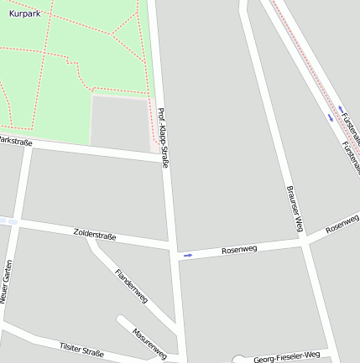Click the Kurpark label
click(24, 14)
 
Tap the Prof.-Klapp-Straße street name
click(163, 137)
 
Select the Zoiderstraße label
click(95, 235)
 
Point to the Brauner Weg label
click(293, 209)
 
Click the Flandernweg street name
click(131, 285)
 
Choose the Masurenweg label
click(149, 341)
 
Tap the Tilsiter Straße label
click(82, 348)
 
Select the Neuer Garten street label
click(7, 281)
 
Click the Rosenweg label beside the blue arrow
click(239, 249)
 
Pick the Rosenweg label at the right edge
click(342, 222)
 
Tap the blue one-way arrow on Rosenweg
click(188, 255)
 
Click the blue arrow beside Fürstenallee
click(342, 107)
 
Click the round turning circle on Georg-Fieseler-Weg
click(238, 360)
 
